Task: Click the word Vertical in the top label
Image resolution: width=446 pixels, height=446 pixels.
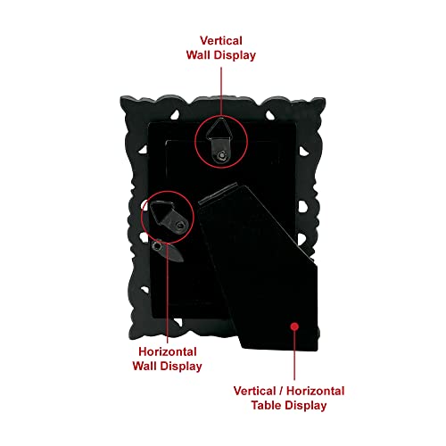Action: pyautogui.click(x=221, y=41)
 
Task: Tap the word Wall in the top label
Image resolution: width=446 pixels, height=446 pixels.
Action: pyautogui.click(x=199, y=55)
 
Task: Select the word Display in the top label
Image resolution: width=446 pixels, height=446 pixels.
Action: pyautogui.click(x=235, y=55)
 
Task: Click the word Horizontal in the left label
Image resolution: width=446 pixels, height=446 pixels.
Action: pyautogui.click(x=168, y=351)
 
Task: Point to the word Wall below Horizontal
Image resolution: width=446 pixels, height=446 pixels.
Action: pyautogui.click(x=145, y=366)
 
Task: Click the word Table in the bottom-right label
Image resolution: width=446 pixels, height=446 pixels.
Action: pyautogui.click(x=265, y=405)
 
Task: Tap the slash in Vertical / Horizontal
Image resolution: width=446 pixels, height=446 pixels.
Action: pyautogui.click(x=281, y=391)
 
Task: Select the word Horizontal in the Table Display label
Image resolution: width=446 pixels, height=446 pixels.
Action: pyautogui.click(x=316, y=391)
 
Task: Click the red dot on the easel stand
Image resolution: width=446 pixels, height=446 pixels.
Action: pyautogui.click(x=294, y=326)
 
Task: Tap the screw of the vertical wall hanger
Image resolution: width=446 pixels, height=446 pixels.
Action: pyautogui.click(x=222, y=155)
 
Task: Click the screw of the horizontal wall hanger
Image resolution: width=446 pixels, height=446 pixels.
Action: pyautogui.click(x=179, y=227)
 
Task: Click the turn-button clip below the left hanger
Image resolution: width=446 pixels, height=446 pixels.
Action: pyautogui.click(x=167, y=251)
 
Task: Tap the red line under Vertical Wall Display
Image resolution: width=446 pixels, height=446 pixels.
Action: pyautogui.click(x=221, y=92)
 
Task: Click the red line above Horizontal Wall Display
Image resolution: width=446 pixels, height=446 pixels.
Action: pyautogui.click(x=168, y=293)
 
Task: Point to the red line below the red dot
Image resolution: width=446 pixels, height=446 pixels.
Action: pyautogui.click(x=294, y=355)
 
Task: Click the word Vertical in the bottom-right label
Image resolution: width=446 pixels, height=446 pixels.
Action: pyautogui.click(x=255, y=391)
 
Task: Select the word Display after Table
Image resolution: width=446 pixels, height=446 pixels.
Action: pyautogui.click(x=305, y=406)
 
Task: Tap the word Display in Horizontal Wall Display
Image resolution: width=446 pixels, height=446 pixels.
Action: pyautogui.click(x=181, y=367)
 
